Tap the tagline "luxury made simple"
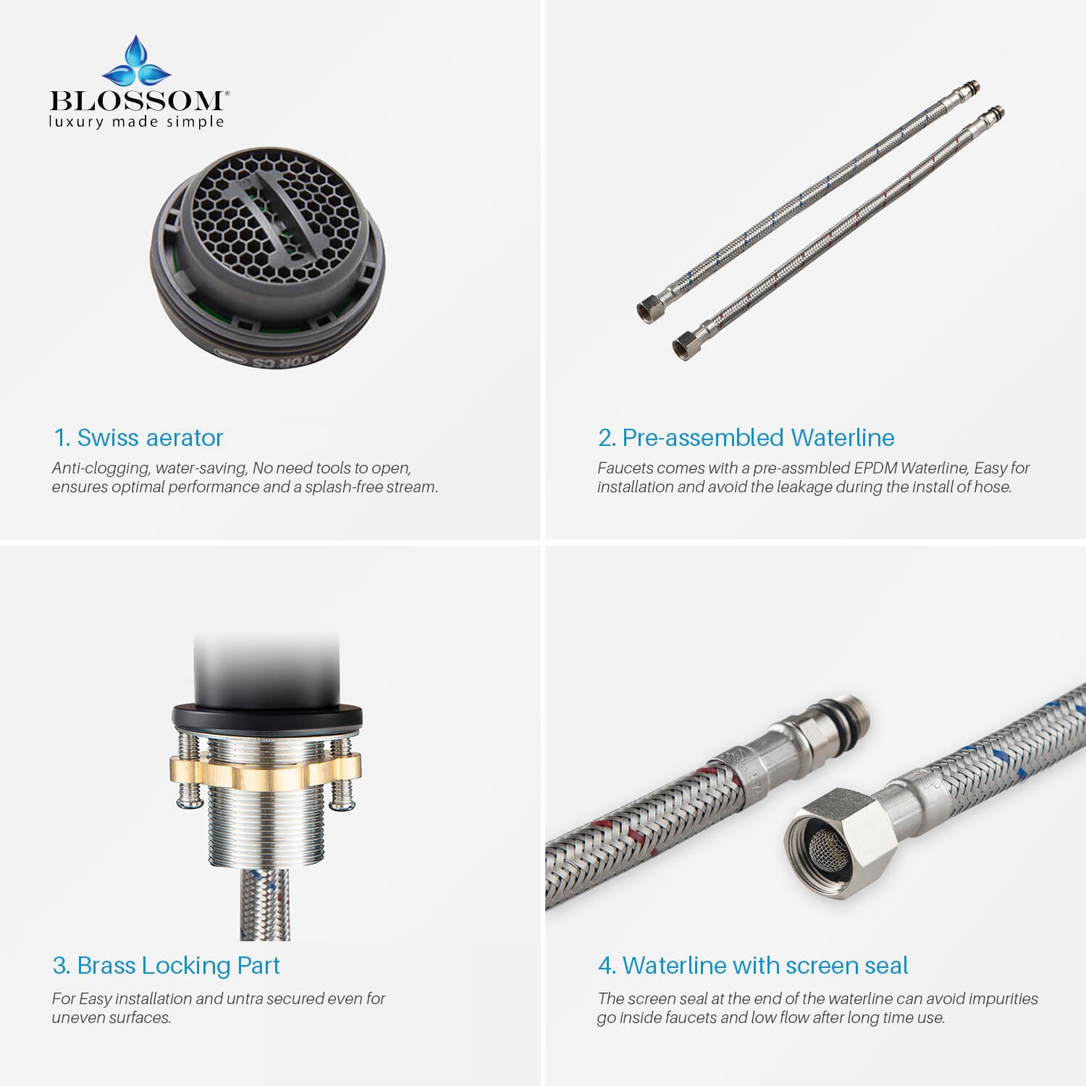coord(136,122)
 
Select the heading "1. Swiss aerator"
coord(138,437)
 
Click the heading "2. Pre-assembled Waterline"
coord(746,437)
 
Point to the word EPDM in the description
coord(875,468)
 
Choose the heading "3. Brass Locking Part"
coord(166,965)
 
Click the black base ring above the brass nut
coord(266,716)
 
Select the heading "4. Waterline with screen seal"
coord(753,965)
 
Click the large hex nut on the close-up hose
coord(840,835)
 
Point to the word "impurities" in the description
coord(1003,999)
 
